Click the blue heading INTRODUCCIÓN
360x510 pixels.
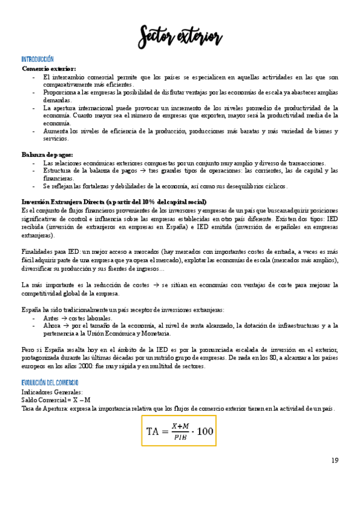tap(37, 60)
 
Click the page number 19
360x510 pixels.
tap(335, 461)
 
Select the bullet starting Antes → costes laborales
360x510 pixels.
tap(78, 318)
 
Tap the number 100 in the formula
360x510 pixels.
tap(204, 431)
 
